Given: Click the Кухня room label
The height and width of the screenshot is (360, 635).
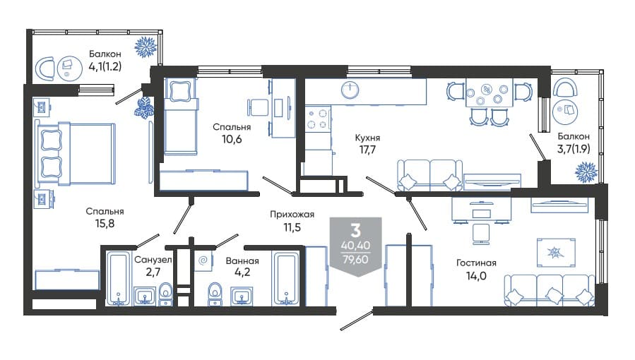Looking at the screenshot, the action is tap(367, 138).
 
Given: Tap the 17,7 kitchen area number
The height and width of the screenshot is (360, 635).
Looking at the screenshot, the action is tap(367, 150).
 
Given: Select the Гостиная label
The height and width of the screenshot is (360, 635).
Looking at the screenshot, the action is tap(476, 263).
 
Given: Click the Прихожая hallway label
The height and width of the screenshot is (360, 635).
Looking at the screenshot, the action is tap(292, 215).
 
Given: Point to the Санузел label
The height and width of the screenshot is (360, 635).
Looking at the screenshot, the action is tap(153, 260).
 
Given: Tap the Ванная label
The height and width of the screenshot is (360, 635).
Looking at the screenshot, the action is tap(242, 261).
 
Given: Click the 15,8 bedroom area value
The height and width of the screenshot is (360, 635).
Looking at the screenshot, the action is tap(105, 223).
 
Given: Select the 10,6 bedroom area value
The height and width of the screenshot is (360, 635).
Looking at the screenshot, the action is tap(232, 140).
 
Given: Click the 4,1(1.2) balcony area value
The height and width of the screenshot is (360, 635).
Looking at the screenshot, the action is tap(105, 66).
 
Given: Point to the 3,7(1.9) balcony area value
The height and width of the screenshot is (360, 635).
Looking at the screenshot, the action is tap(574, 149).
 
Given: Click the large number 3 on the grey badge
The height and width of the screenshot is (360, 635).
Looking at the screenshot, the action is tap(355, 231).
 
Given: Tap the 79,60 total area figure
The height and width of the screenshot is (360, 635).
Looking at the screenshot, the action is tap(355, 259).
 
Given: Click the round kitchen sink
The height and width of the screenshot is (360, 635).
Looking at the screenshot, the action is tap(350, 90).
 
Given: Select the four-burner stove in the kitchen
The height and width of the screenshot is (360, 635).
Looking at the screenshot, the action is tap(318, 119).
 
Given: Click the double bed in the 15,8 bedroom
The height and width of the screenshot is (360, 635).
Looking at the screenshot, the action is tap(76, 154).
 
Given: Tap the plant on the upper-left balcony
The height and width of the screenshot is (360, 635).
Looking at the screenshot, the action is tap(146, 47).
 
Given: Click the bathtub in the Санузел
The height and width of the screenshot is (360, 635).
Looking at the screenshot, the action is tap(118, 278).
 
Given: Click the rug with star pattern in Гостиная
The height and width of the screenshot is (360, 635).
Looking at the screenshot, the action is tap(556, 253).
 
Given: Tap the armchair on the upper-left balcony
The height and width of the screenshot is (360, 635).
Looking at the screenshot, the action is tap(45, 68).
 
